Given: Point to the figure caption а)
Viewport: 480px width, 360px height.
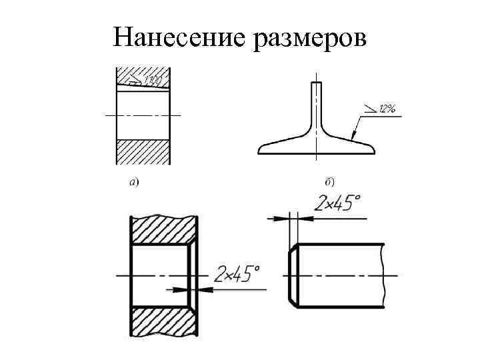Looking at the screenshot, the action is (133, 181).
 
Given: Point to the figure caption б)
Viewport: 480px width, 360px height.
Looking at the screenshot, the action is (329, 181).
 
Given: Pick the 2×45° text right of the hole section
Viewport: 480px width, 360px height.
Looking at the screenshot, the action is (237, 274).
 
